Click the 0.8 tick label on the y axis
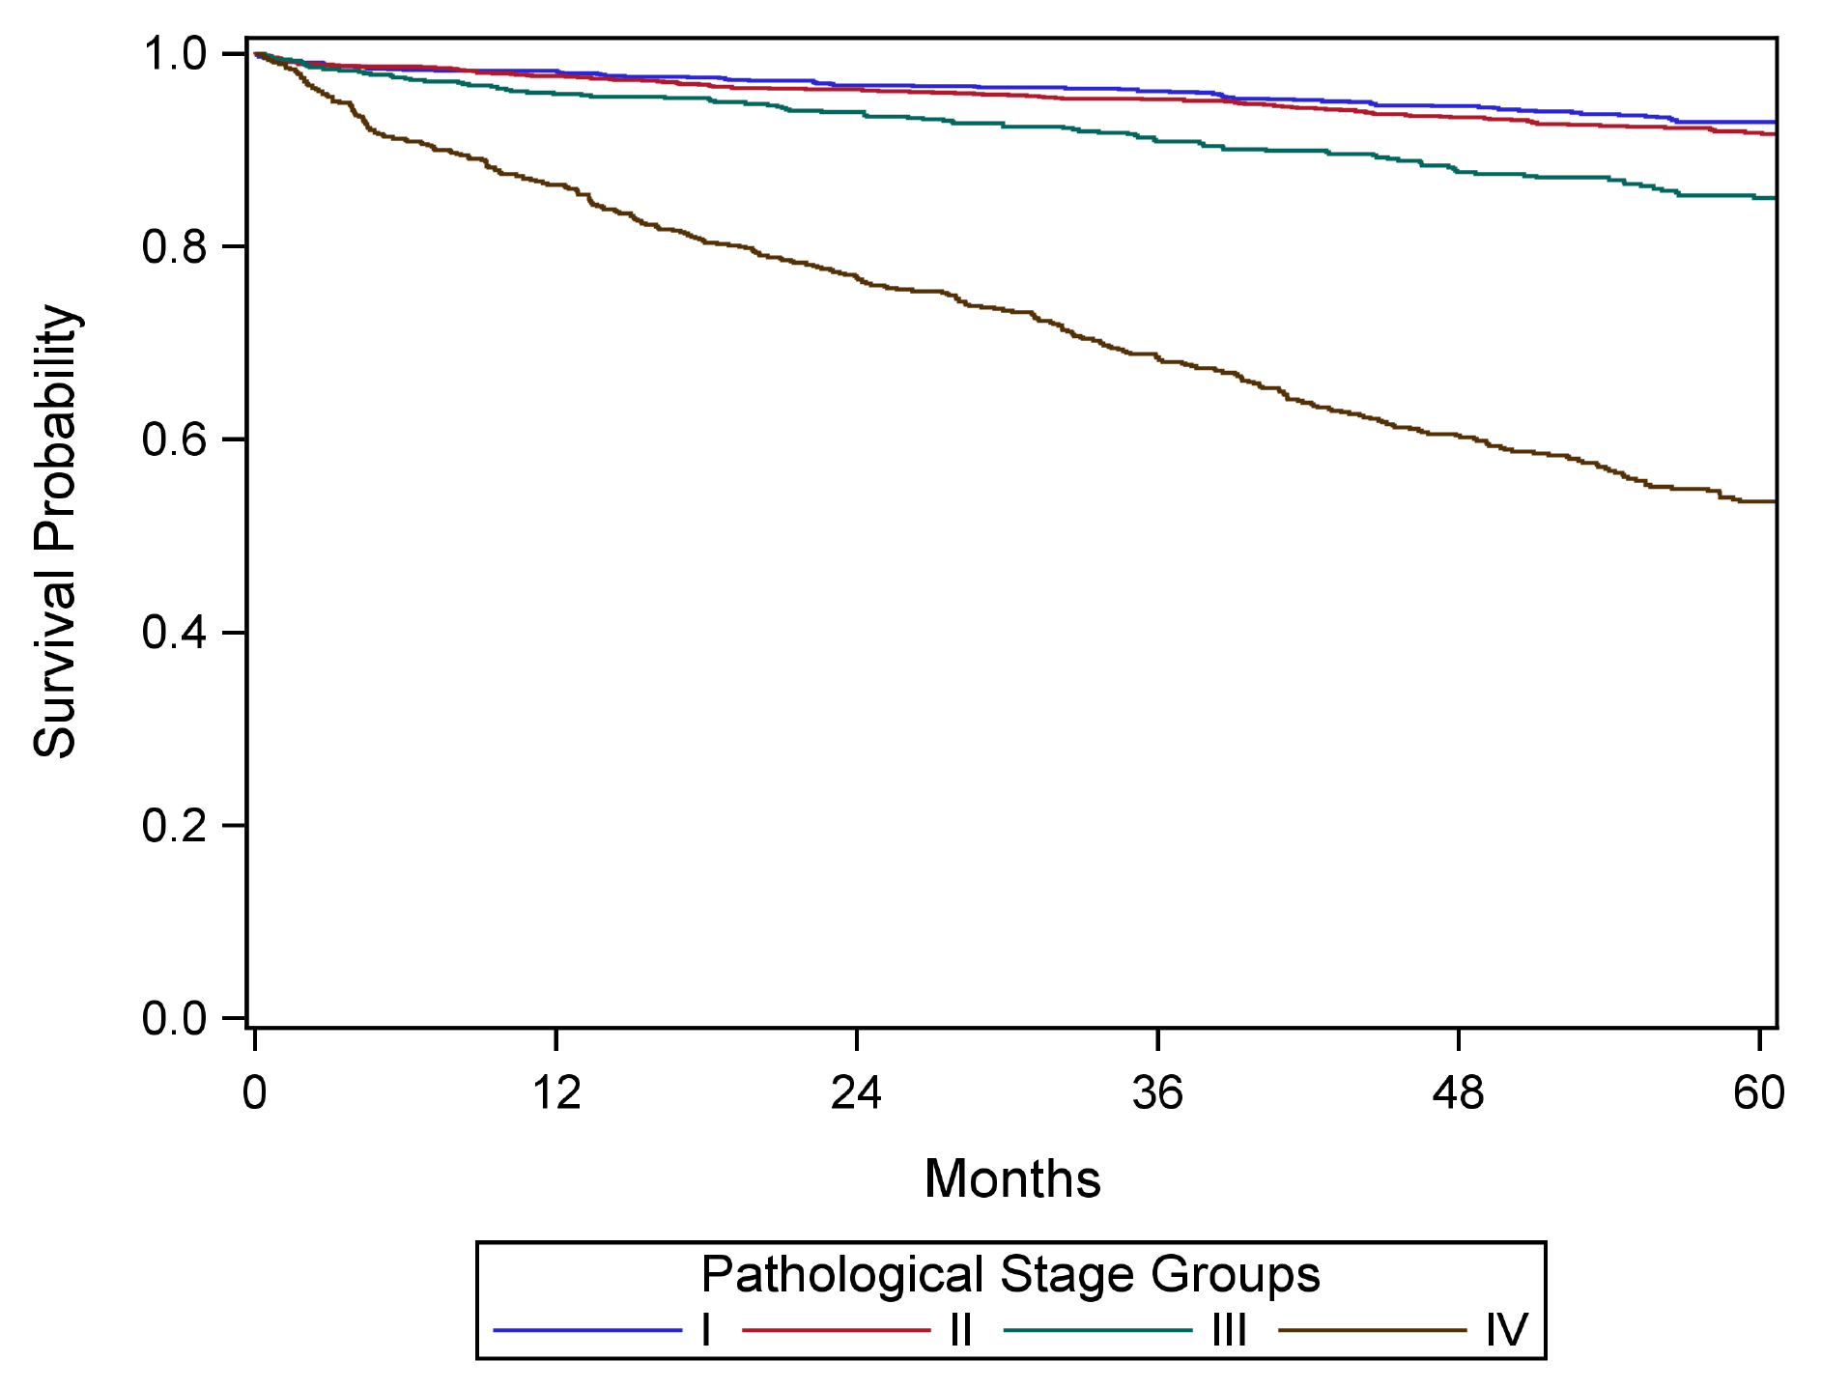pyautogui.click(x=174, y=247)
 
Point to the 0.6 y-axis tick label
pyautogui.click(x=174, y=439)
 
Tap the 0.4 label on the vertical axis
pyautogui.click(x=174, y=633)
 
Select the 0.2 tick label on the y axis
pyautogui.click(x=174, y=826)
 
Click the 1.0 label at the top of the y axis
pyautogui.click(x=174, y=54)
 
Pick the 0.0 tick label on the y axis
pyautogui.click(x=174, y=1019)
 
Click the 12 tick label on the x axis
pyautogui.click(x=556, y=1093)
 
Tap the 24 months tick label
pyautogui.click(x=857, y=1093)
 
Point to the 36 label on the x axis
pyautogui.click(x=1157, y=1093)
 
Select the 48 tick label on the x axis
pyautogui.click(x=1458, y=1093)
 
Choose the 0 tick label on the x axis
pyautogui.click(x=255, y=1093)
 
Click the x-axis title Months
pyautogui.click(x=1012, y=1179)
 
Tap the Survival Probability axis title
pyautogui.click(x=55, y=531)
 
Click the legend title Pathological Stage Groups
pyautogui.click(x=1010, y=1275)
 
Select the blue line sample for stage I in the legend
pyautogui.click(x=588, y=1331)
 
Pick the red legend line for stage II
pyautogui.click(x=837, y=1331)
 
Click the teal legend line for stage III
pyautogui.click(x=1098, y=1331)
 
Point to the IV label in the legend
pyautogui.click(x=1507, y=1331)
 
